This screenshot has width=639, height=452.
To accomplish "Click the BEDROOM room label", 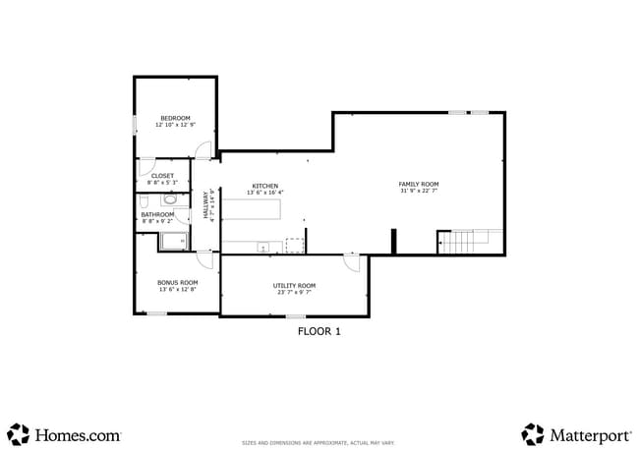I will pos(175,119).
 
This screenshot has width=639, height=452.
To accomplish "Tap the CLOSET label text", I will pos(162,176).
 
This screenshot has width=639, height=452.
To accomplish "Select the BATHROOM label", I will pos(157,214).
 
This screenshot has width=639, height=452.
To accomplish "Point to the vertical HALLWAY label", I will pos(207,203).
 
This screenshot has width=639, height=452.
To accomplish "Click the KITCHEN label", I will pos(264,186).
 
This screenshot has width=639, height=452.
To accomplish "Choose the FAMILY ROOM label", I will pos(418,184).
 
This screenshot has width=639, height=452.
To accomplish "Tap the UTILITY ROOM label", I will pos(294,285).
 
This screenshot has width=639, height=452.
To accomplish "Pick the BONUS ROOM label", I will pos(177,282).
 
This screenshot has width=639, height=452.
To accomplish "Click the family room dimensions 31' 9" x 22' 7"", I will pos(418,191).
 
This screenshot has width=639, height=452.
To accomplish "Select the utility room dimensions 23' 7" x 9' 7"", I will pos(294,292).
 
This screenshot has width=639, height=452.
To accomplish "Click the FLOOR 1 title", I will pos(319,332).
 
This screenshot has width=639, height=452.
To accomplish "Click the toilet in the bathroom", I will pos(170,199).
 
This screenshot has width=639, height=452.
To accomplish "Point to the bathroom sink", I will pos(183,213).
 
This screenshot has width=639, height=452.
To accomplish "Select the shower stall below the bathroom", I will pos(175,241).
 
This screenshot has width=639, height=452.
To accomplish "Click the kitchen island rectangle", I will pos(251,209).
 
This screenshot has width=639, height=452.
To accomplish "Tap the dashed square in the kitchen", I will pos(294,246).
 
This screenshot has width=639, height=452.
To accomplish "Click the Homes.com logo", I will pos(64,433).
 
